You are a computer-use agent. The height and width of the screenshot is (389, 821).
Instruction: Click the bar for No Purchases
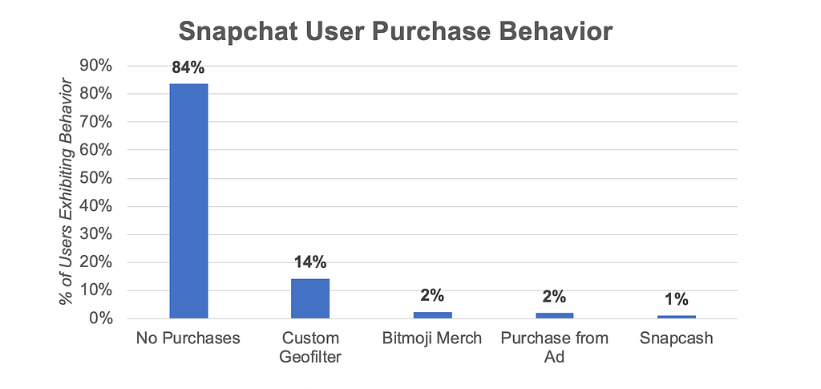tap(188, 201)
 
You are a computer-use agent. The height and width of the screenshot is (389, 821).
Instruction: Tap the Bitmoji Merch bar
tap(432, 315)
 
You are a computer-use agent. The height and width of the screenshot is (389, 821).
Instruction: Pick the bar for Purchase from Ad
tap(554, 315)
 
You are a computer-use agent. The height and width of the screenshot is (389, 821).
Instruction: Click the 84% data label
tap(189, 67)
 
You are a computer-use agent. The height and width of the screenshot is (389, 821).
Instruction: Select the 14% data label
tap(310, 262)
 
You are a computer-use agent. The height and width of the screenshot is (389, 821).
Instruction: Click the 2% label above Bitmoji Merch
tap(432, 296)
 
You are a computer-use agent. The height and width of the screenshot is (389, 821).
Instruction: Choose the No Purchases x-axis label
tap(189, 338)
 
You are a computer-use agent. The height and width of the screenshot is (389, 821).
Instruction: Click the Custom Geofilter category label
tap(310, 347)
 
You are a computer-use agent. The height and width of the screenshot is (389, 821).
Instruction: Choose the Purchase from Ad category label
tap(554, 347)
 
